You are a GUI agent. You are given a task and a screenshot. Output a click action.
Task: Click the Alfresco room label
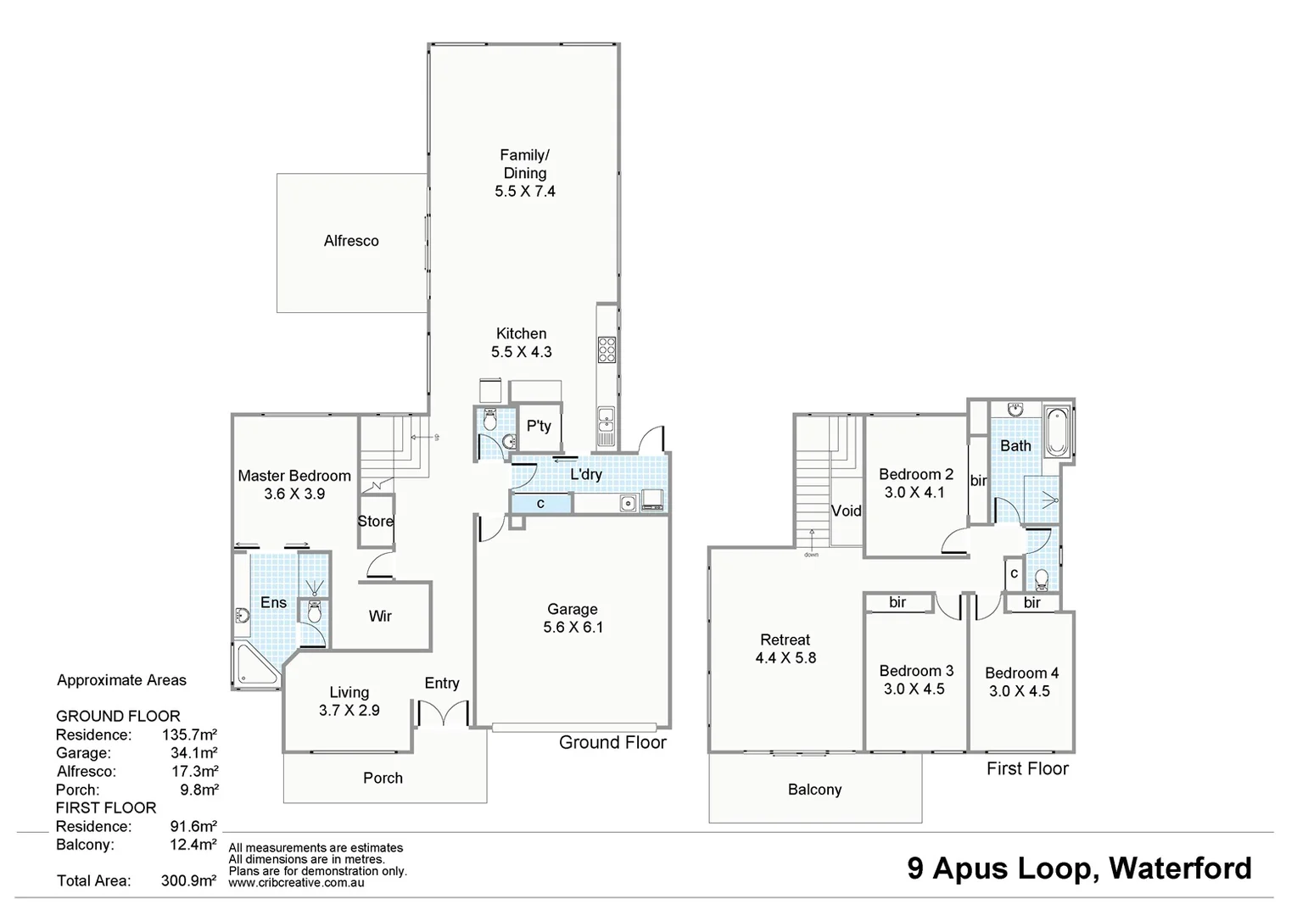(x=351, y=241)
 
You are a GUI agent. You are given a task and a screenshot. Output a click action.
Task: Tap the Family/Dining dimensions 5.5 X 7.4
(x=525, y=192)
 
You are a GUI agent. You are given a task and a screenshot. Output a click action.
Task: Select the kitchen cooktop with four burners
(x=607, y=349)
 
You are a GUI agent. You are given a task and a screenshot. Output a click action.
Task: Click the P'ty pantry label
(x=539, y=426)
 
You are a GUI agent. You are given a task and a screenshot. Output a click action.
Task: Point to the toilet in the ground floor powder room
(x=489, y=421)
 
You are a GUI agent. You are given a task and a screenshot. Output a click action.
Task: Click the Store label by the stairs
(x=375, y=522)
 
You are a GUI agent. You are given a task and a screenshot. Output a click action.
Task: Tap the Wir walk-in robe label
(x=380, y=617)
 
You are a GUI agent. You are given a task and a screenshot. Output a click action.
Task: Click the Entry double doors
(x=442, y=713)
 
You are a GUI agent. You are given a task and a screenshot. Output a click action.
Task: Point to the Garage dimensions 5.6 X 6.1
(x=573, y=628)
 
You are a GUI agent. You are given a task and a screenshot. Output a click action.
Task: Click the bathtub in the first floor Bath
(x=1057, y=433)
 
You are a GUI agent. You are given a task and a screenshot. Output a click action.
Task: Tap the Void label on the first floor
(x=846, y=511)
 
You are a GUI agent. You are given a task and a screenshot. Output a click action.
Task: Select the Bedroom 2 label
(x=915, y=474)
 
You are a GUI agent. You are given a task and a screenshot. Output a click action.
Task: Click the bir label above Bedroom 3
(x=897, y=602)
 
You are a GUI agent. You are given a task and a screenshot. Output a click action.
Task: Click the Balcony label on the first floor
(x=814, y=790)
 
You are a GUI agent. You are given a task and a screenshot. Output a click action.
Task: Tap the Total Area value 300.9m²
(x=188, y=880)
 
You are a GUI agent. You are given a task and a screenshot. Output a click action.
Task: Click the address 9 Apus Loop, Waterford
(x=1079, y=868)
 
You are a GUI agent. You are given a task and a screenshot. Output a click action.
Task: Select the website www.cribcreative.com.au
(x=296, y=883)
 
